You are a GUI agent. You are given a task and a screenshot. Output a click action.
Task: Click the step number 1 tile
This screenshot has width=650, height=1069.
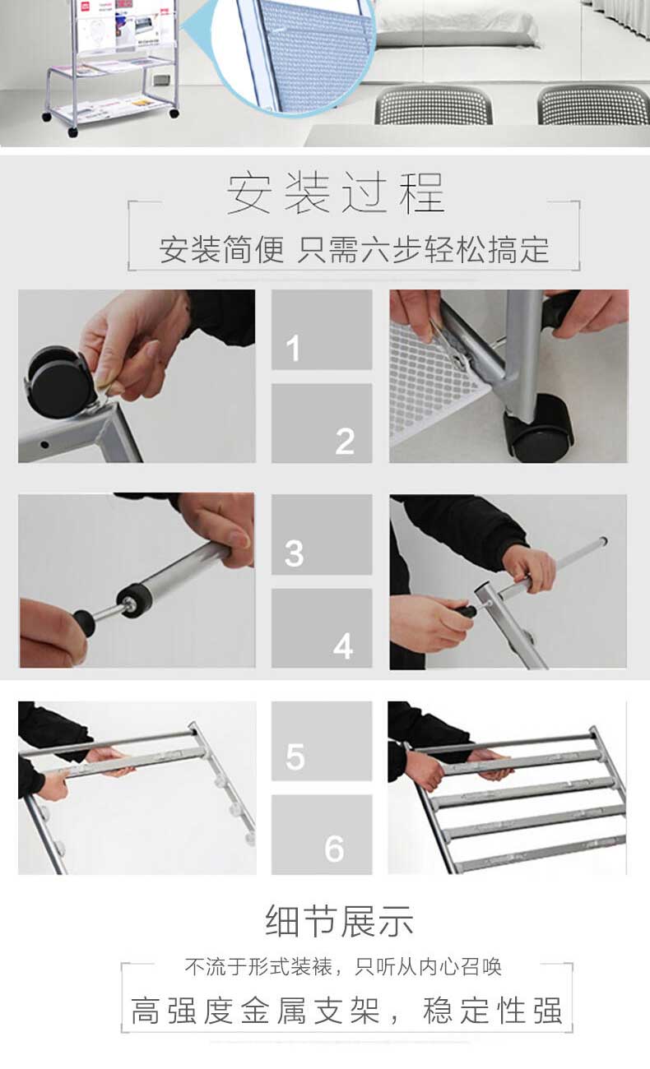[322, 329]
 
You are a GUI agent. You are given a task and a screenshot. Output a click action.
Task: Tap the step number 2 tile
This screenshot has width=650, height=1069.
[322, 423]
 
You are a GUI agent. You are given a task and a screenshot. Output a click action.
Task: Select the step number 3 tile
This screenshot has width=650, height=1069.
[322, 534]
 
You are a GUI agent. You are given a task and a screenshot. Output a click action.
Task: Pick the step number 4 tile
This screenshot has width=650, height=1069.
[322, 628]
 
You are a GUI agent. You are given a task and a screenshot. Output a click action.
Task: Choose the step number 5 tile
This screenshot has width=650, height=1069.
[322, 741]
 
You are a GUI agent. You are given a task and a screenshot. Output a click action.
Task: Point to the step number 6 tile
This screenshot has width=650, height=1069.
[322, 835]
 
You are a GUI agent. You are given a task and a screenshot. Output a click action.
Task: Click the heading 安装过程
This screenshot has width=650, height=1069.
[336, 192]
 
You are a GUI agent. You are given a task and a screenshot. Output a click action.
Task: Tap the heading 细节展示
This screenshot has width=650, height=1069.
[339, 921]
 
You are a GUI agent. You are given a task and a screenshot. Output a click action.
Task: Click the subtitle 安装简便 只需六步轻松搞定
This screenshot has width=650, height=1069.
[354, 249]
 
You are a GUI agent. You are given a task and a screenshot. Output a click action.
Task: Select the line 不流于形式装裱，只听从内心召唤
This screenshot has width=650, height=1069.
[343, 967]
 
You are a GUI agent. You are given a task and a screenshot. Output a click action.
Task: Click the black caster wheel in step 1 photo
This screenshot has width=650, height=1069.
[56, 382]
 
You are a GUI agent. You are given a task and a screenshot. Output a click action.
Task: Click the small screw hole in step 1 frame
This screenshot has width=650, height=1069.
[44, 445]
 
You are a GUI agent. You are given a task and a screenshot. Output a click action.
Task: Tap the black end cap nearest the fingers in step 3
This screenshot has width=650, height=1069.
[85, 622]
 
